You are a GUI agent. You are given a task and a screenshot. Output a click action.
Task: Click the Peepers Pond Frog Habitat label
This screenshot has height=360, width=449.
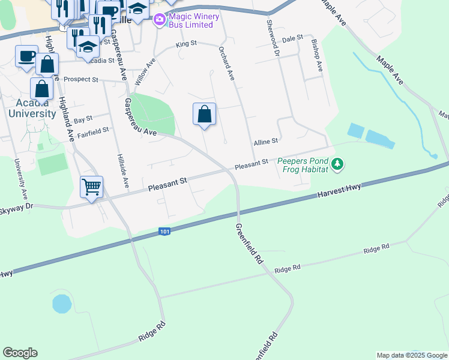click(x=303, y=165)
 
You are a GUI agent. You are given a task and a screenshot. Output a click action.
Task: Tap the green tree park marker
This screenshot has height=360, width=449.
click(x=338, y=164)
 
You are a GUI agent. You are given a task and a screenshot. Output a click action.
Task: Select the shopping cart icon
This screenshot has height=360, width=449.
click(x=91, y=187)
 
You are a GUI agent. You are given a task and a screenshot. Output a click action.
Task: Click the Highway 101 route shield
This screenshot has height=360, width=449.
click(x=164, y=231)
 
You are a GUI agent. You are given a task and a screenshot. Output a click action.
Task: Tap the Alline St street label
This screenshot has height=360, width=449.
click(x=265, y=142)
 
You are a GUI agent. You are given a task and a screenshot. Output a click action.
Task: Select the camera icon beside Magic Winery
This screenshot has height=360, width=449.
click(x=159, y=20)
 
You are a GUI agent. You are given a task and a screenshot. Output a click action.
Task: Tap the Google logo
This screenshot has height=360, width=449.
click(x=20, y=353)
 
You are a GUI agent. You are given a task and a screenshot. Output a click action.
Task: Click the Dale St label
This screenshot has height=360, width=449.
click(x=292, y=38)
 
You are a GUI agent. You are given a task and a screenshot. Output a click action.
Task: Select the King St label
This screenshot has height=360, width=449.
click(x=186, y=44)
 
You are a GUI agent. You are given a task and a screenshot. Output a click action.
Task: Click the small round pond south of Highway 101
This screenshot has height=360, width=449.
click(x=62, y=304)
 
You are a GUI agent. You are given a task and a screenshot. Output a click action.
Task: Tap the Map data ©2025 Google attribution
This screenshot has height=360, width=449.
click(x=411, y=355)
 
